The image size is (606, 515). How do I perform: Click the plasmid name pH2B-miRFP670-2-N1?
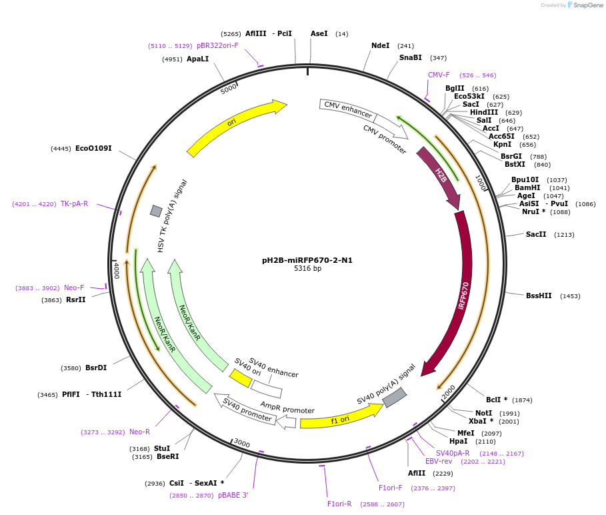point(307,260)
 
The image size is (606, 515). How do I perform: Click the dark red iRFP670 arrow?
point(460,294)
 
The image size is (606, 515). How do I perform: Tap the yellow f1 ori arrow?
point(340,418)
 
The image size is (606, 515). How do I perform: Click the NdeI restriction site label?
point(381,46)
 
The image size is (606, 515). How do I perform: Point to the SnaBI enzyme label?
point(411,58)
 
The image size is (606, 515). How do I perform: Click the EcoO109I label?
point(93,148)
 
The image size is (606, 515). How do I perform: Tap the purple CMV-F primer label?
point(439,75)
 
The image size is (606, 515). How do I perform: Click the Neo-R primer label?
point(139,432)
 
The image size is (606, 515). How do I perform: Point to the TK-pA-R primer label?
point(74,203)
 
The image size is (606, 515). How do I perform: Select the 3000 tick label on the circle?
point(241,444)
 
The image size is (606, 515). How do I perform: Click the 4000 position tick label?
point(116,270)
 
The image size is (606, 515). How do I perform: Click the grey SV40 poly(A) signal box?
point(394,398)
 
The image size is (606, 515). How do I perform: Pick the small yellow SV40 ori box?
point(240,378)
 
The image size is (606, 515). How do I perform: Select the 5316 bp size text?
point(307,269)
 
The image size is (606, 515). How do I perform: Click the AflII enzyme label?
point(417,473)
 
